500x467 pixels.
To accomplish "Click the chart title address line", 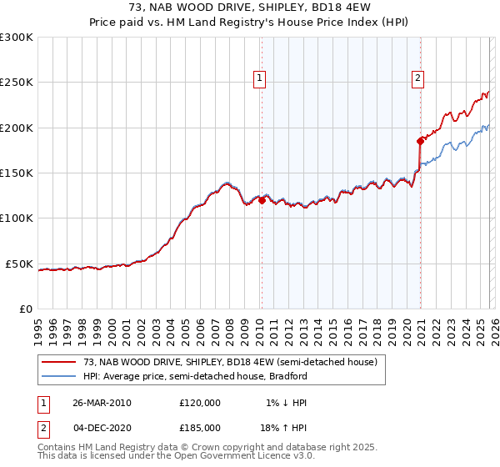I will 250,8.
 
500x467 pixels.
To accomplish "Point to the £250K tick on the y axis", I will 17,83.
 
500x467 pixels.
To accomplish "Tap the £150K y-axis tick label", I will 17,173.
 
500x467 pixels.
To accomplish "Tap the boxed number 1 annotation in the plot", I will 260,78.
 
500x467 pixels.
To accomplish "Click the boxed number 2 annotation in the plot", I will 417,78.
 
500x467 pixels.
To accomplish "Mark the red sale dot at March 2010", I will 262,200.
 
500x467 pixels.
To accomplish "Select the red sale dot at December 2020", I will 420,141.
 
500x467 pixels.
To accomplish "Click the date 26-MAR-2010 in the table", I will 102,403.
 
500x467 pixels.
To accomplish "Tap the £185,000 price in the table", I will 200,428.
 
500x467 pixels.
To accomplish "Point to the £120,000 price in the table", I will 200,403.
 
